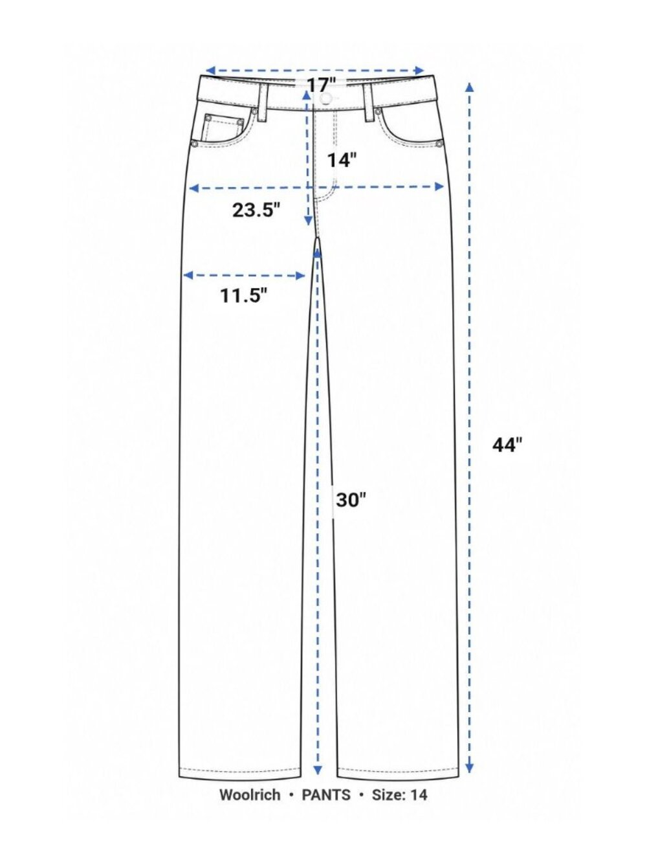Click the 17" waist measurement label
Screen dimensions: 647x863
tap(321, 85)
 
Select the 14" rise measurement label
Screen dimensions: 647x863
tap(342, 161)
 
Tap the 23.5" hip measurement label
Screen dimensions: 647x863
tap(256, 210)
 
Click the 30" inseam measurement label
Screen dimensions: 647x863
tap(351, 500)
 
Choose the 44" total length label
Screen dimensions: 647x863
tap(508, 445)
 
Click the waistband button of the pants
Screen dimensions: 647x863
tap(325, 98)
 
